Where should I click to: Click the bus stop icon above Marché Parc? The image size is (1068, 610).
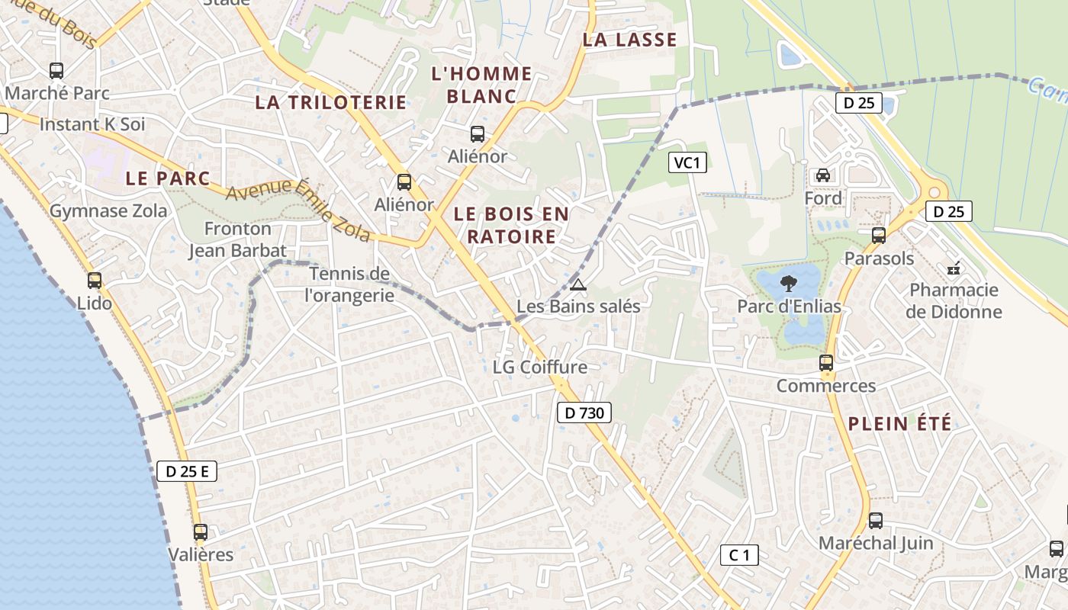[56, 71]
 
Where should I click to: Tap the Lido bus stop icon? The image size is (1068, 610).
[95, 281]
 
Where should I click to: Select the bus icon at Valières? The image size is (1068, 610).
[200, 532]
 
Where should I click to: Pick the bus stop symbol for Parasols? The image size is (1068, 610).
[879, 236]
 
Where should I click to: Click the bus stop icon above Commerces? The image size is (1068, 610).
[826, 363]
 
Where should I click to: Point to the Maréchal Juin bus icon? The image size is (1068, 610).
[876, 521]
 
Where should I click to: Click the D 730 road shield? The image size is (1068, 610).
[584, 413]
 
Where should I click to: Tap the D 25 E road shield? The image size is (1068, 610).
[187, 471]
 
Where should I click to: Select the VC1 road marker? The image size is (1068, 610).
[687, 162]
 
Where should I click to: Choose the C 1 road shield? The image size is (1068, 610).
[739, 555]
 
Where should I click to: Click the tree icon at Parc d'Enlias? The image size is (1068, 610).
[789, 284]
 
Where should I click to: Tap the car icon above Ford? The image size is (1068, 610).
[823, 175]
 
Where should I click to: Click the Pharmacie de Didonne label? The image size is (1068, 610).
[955, 300]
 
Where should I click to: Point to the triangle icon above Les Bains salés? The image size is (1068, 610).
[578, 285]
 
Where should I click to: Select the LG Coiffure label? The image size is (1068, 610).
[540, 367]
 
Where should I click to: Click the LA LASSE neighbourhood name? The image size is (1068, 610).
[629, 40]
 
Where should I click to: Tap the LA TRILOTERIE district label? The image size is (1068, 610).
[330, 102]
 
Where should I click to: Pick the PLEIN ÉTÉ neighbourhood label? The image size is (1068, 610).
[900, 424]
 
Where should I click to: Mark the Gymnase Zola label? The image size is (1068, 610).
[108, 211]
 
